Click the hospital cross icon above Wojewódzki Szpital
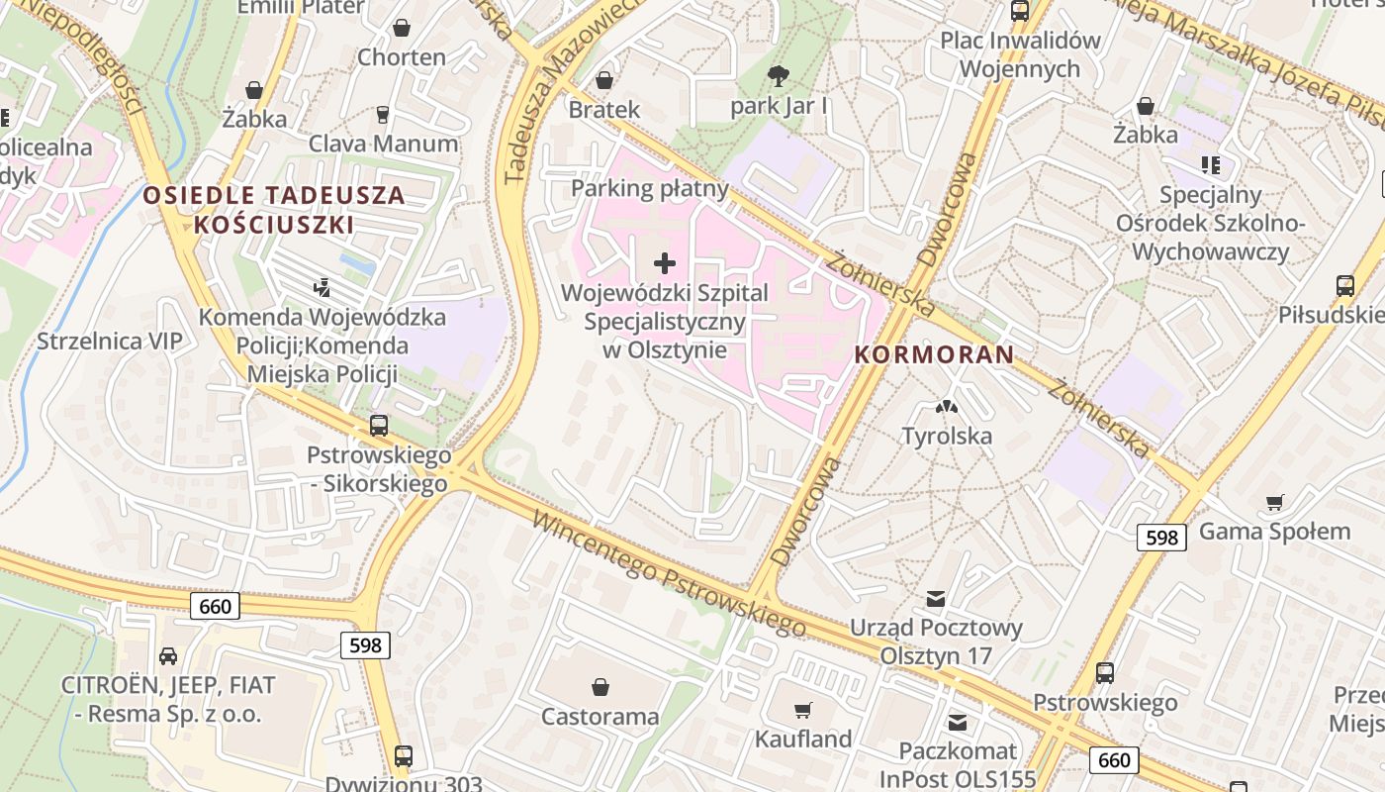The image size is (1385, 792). tap(665, 263)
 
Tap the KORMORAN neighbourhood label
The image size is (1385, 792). tap(934, 354)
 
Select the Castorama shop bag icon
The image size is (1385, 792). tap(600, 687)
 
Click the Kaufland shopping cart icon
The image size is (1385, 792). tap(803, 710)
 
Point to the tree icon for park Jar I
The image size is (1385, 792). tap(779, 75)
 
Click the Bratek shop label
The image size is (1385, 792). tap(604, 109)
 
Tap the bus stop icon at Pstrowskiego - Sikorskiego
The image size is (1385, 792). tap(378, 426)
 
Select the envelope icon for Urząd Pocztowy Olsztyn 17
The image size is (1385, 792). tap(936, 598)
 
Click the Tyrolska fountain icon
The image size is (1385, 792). tap(947, 406)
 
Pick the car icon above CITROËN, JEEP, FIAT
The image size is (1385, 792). tap(168, 655)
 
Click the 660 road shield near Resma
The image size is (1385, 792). tap(215, 606)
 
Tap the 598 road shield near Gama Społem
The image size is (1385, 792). tap(1161, 538)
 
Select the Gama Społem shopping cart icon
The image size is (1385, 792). tap(1275, 503)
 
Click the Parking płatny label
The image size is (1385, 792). tap(650, 188)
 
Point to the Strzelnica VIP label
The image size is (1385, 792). tap(110, 342)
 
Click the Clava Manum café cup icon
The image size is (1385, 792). tap(384, 115)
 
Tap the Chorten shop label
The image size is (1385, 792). tap(402, 56)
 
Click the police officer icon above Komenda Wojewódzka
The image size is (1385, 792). tap(322, 288)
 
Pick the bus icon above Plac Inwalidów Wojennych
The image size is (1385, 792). tap(1020, 11)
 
